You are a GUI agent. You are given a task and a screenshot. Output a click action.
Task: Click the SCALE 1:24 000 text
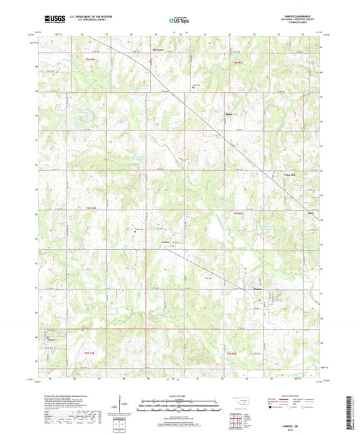[x=180, y=396]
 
